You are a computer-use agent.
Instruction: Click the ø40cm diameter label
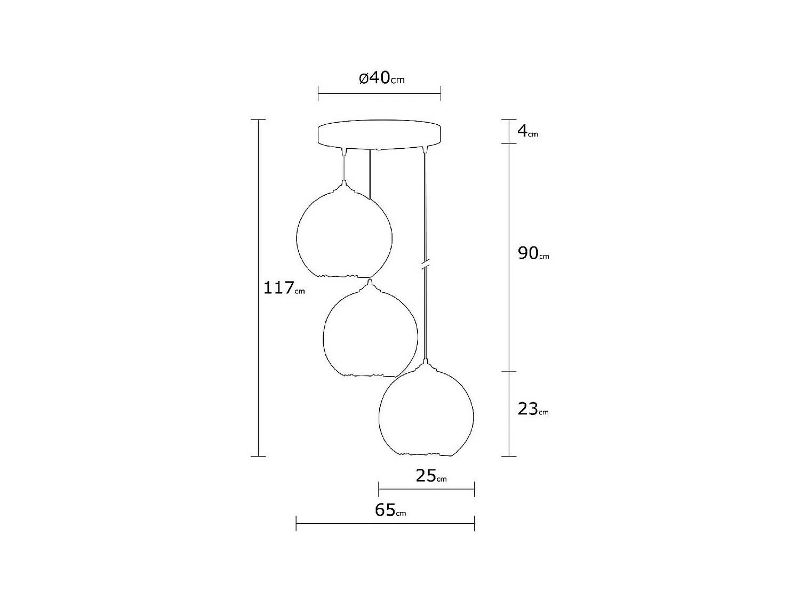coord(381,78)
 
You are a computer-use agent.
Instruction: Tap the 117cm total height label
coord(284,289)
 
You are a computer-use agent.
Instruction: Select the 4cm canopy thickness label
coord(527,131)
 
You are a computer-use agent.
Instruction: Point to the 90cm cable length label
coord(533,254)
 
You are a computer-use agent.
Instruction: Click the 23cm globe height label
coord(532,410)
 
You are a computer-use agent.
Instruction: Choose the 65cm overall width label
coord(390,510)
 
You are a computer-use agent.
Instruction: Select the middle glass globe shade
coord(371,333)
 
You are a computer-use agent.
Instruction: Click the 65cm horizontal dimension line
coord(385,523)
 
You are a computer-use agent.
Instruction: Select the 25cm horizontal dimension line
coord(426,489)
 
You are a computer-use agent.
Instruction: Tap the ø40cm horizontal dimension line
coord(379,93)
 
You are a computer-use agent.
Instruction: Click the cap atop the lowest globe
coord(425,365)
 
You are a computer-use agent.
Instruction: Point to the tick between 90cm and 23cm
coord(509,371)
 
